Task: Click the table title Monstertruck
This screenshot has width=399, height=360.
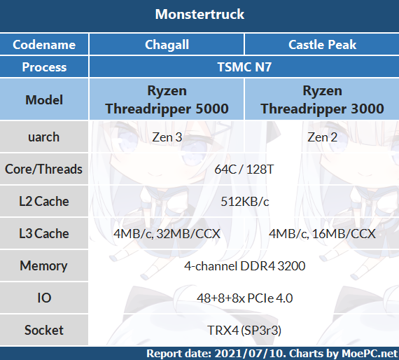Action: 199,15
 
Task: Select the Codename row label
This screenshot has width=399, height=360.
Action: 44,45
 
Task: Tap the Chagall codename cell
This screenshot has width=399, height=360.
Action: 167,45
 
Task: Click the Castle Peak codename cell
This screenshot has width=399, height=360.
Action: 322,45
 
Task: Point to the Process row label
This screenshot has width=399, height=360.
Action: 44,67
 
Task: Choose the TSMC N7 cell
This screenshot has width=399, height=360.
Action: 244,67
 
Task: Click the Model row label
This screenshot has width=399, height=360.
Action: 44,99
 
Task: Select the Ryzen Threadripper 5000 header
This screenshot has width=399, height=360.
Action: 167,100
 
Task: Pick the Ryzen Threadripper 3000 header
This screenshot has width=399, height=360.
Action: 322,100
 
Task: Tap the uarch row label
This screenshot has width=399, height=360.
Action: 44,137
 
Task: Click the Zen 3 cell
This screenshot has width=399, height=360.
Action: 167,137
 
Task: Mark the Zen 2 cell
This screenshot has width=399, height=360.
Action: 322,137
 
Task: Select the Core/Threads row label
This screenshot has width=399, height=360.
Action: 44,169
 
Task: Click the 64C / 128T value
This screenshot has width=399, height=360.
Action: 244,169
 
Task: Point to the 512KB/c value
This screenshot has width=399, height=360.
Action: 244,202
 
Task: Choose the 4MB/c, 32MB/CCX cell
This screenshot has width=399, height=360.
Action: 167,233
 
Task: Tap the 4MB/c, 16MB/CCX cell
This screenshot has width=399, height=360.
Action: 322,233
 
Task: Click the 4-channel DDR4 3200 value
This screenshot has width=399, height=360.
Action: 244,266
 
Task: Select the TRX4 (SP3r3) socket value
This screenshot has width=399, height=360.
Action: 244,330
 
